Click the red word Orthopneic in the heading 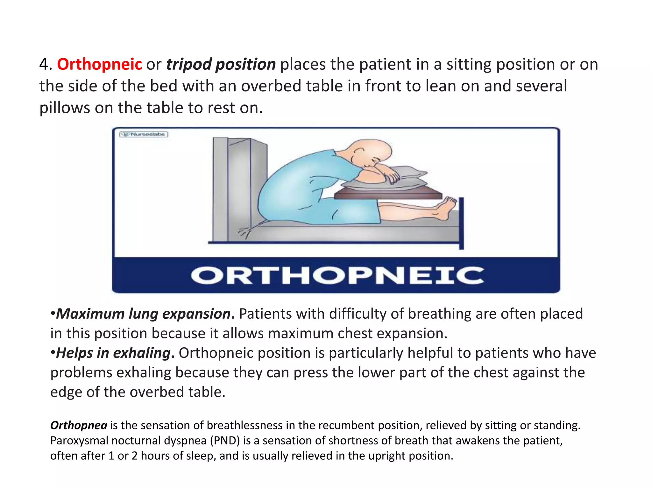(99, 64)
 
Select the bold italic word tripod (188, 65)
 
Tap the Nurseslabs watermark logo (144, 134)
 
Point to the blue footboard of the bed (461, 223)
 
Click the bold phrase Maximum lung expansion (143, 314)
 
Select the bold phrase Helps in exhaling (113, 353)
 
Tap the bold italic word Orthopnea (79, 425)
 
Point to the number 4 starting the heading (44, 64)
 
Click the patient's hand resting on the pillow (393, 177)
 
